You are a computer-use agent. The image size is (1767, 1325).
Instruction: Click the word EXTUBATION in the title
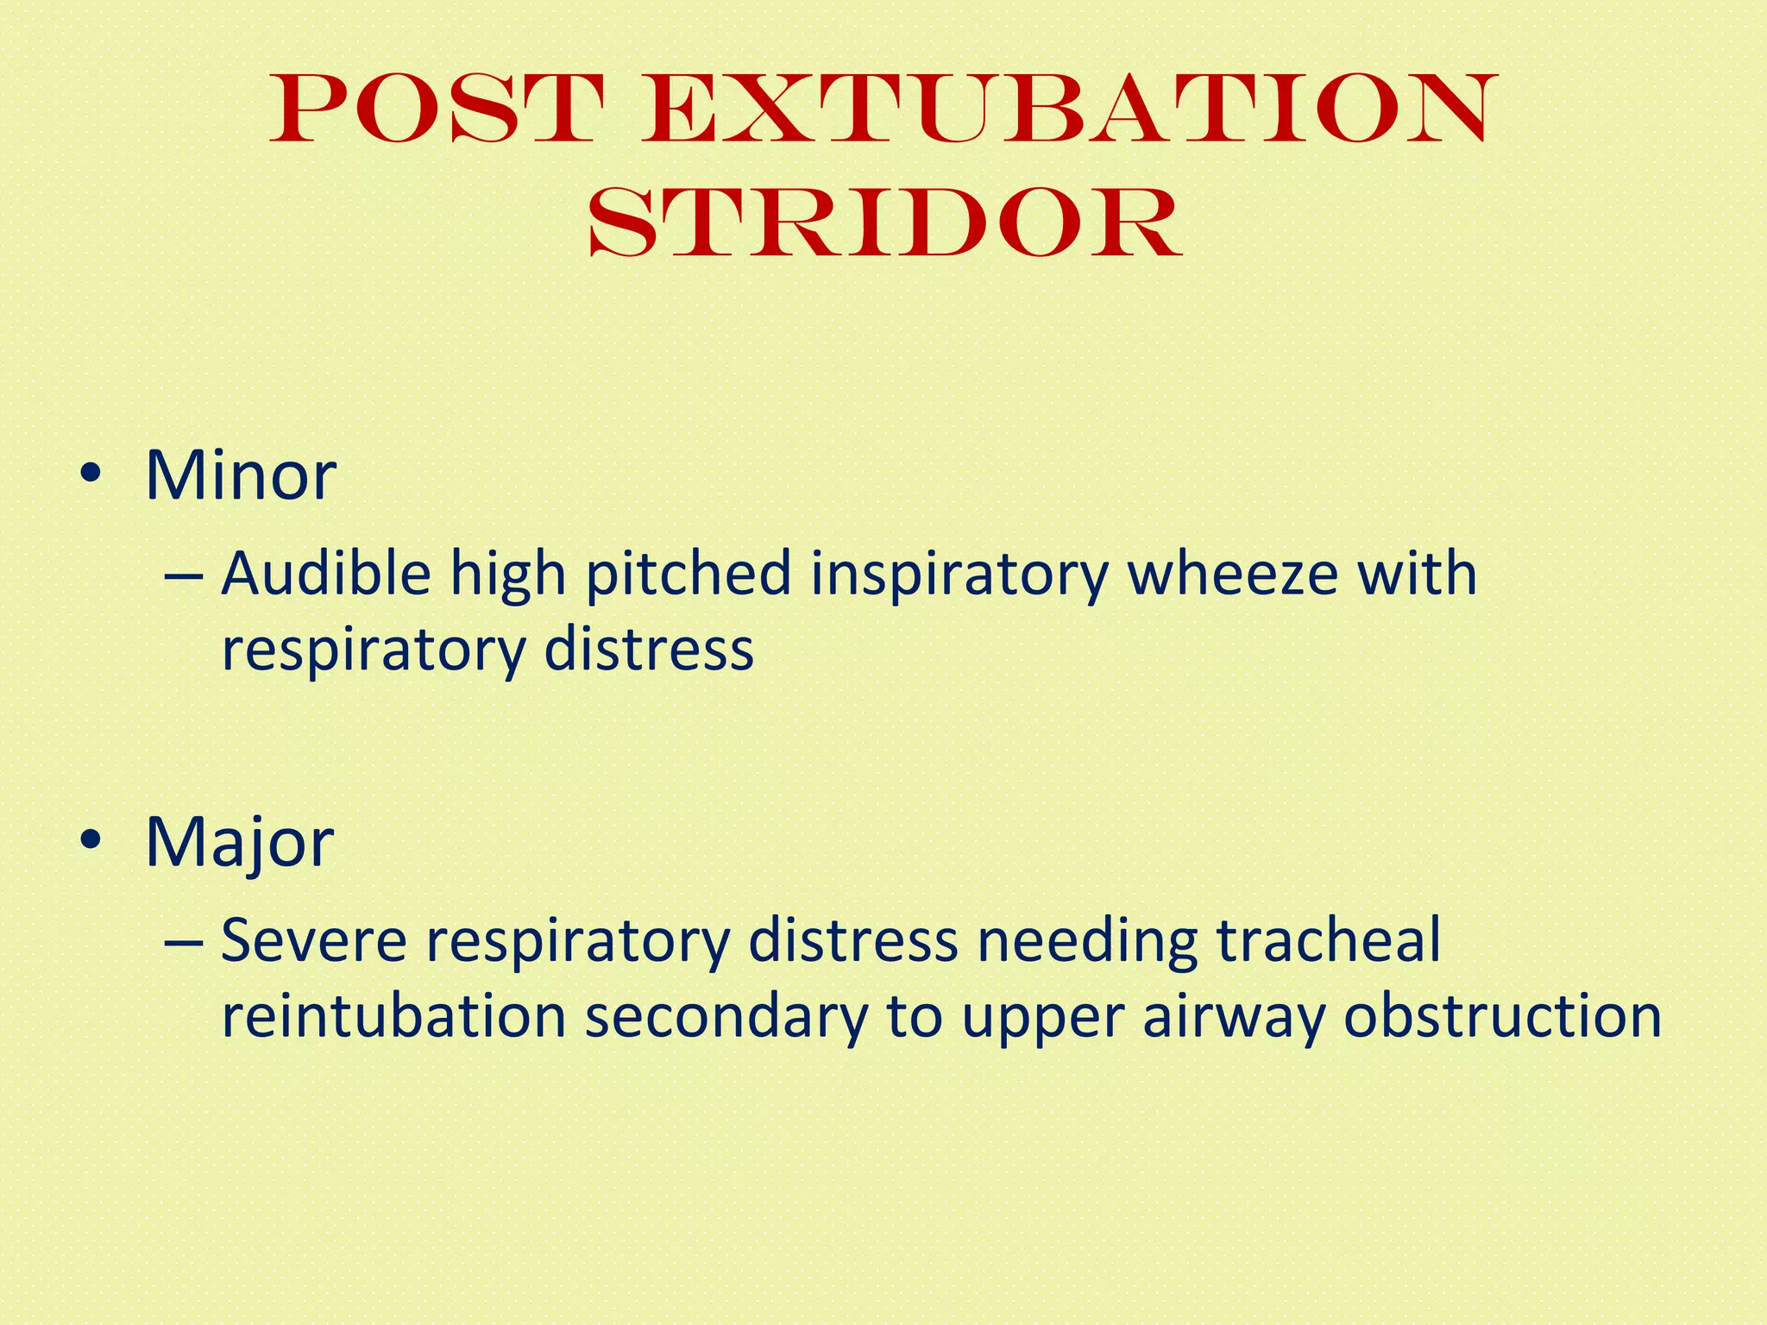pyautogui.click(x=1068, y=110)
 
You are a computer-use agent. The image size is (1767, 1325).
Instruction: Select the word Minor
pyautogui.click(x=241, y=476)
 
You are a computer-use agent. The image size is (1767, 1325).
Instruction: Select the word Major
pyautogui.click(x=239, y=844)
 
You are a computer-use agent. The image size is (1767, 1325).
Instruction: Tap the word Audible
pyautogui.click(x=325, y=574)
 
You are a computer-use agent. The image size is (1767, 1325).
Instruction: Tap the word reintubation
pyautogui.click(x=393, y=1016)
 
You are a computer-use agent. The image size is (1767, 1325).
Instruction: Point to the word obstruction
pyautogui.click(x=1502, y=1016)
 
